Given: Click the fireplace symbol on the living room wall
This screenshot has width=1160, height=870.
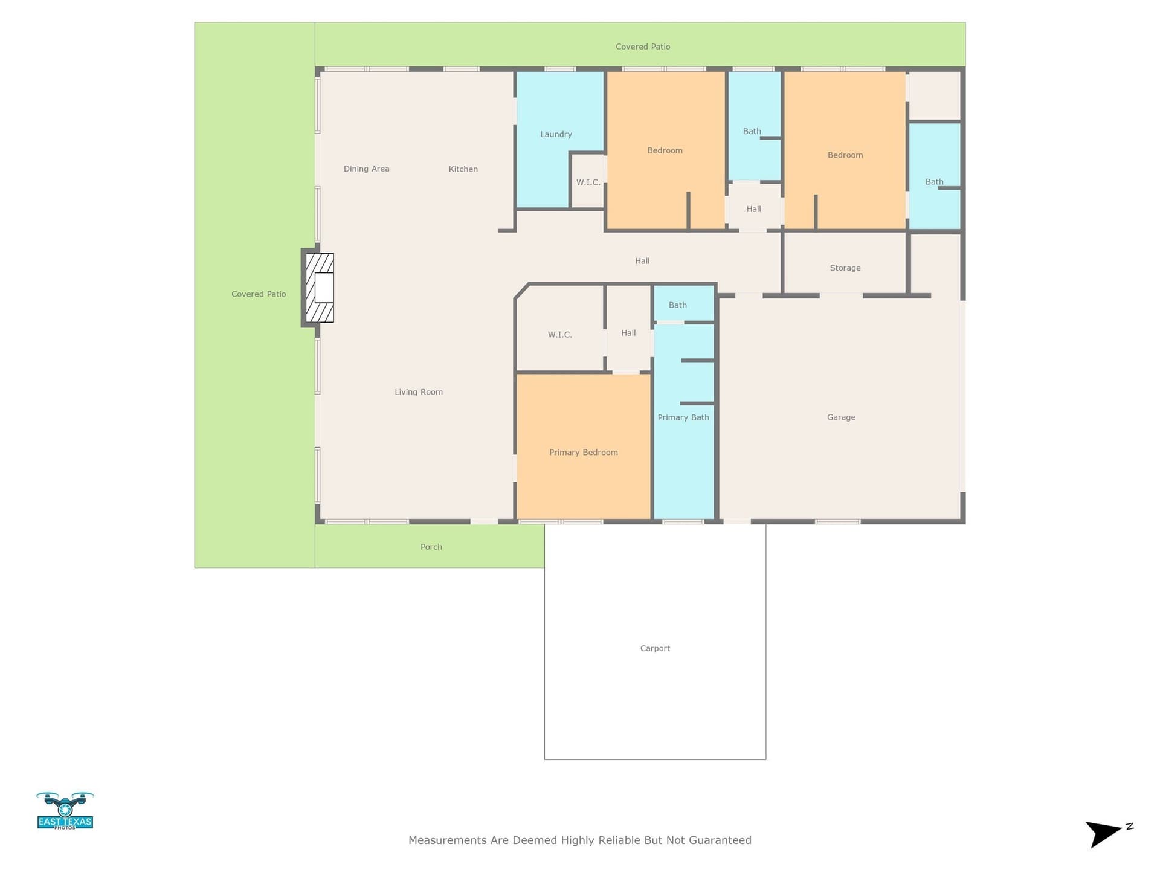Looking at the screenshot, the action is point(320,288).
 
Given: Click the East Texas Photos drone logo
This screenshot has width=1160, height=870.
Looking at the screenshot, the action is point(65,811).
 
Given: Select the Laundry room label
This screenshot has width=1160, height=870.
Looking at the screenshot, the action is point(556,134).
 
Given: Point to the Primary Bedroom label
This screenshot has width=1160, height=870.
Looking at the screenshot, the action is point(584,453).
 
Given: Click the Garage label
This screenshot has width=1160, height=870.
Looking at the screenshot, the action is point(841,417).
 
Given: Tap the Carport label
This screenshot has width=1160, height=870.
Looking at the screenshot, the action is point(655,649).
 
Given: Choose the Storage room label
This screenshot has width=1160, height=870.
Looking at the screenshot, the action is point(845,268).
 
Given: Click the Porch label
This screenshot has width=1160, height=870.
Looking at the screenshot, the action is point(431,547).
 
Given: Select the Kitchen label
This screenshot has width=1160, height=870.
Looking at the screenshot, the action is point(463,169).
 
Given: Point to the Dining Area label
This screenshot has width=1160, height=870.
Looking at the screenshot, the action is point(367,169).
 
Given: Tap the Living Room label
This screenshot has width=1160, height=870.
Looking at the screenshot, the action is point(419,392).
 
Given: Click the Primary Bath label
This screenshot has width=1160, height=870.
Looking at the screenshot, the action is point(683,417).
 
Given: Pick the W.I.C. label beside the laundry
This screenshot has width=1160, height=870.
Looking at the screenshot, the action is point(588,182).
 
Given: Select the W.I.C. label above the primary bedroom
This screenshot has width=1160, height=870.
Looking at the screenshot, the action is point(560,335).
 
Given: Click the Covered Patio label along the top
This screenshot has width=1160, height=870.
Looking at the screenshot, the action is point(643,47).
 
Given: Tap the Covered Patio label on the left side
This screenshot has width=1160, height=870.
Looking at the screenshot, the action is point(259,294).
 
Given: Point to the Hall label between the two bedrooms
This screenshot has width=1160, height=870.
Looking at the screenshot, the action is point(753,209).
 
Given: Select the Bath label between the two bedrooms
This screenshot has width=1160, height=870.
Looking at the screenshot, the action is point(752,131).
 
